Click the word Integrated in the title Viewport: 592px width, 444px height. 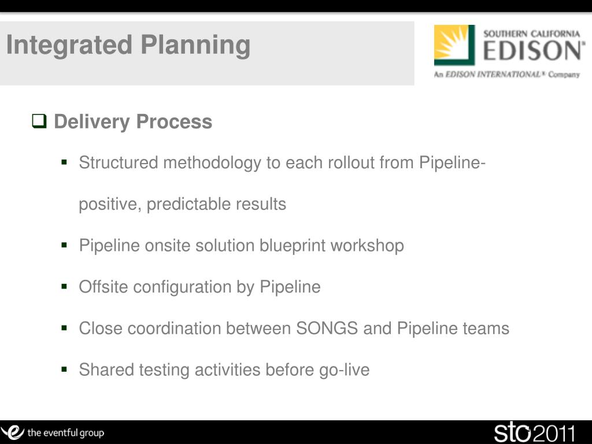point(69,45)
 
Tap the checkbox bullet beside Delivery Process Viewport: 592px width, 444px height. point(39,121)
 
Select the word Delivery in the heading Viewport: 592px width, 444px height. point(92,122)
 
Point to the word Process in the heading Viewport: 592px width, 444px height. point(174,121)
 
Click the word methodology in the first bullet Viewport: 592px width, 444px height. point(212,163)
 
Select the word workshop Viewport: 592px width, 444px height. point(367,245)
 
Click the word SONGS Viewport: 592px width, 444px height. point(327,328)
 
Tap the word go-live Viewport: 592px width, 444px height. point(345,370)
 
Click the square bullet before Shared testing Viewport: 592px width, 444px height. point(64,369)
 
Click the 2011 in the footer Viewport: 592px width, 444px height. point(554,434)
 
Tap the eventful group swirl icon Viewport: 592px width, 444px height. point(13,432)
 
